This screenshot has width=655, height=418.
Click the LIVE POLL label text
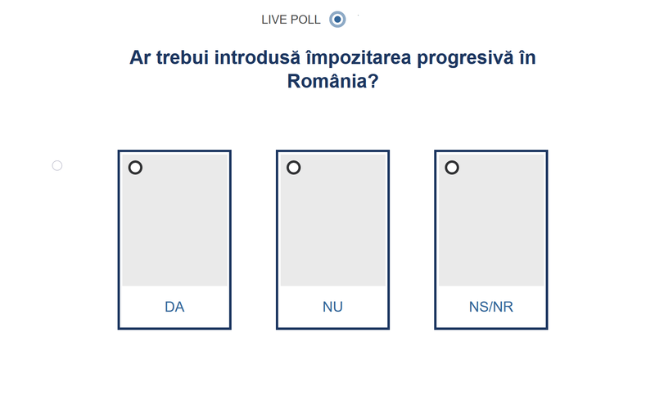pos(291,20)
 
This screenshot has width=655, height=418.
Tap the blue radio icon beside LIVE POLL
pos(337,19)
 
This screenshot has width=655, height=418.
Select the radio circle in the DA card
pos(135,168)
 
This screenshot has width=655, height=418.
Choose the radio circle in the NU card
pos(293,168)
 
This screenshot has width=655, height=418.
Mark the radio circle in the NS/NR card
pos(451,168)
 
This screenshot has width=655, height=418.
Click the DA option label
pos(174,308)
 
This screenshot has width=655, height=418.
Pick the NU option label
pos(332,308)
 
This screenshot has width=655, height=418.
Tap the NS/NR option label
pos(491,308)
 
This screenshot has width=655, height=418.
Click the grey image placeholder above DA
pos(174,225)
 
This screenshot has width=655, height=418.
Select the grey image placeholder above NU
pos(332,225)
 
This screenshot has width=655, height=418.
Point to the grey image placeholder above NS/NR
pos(491,225)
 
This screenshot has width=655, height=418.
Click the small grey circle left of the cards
pos(57,165)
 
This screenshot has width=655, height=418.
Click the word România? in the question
pos(332,82)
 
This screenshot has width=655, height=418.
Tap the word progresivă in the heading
pos(465,58)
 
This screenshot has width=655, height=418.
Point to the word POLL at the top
pos(305,20)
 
